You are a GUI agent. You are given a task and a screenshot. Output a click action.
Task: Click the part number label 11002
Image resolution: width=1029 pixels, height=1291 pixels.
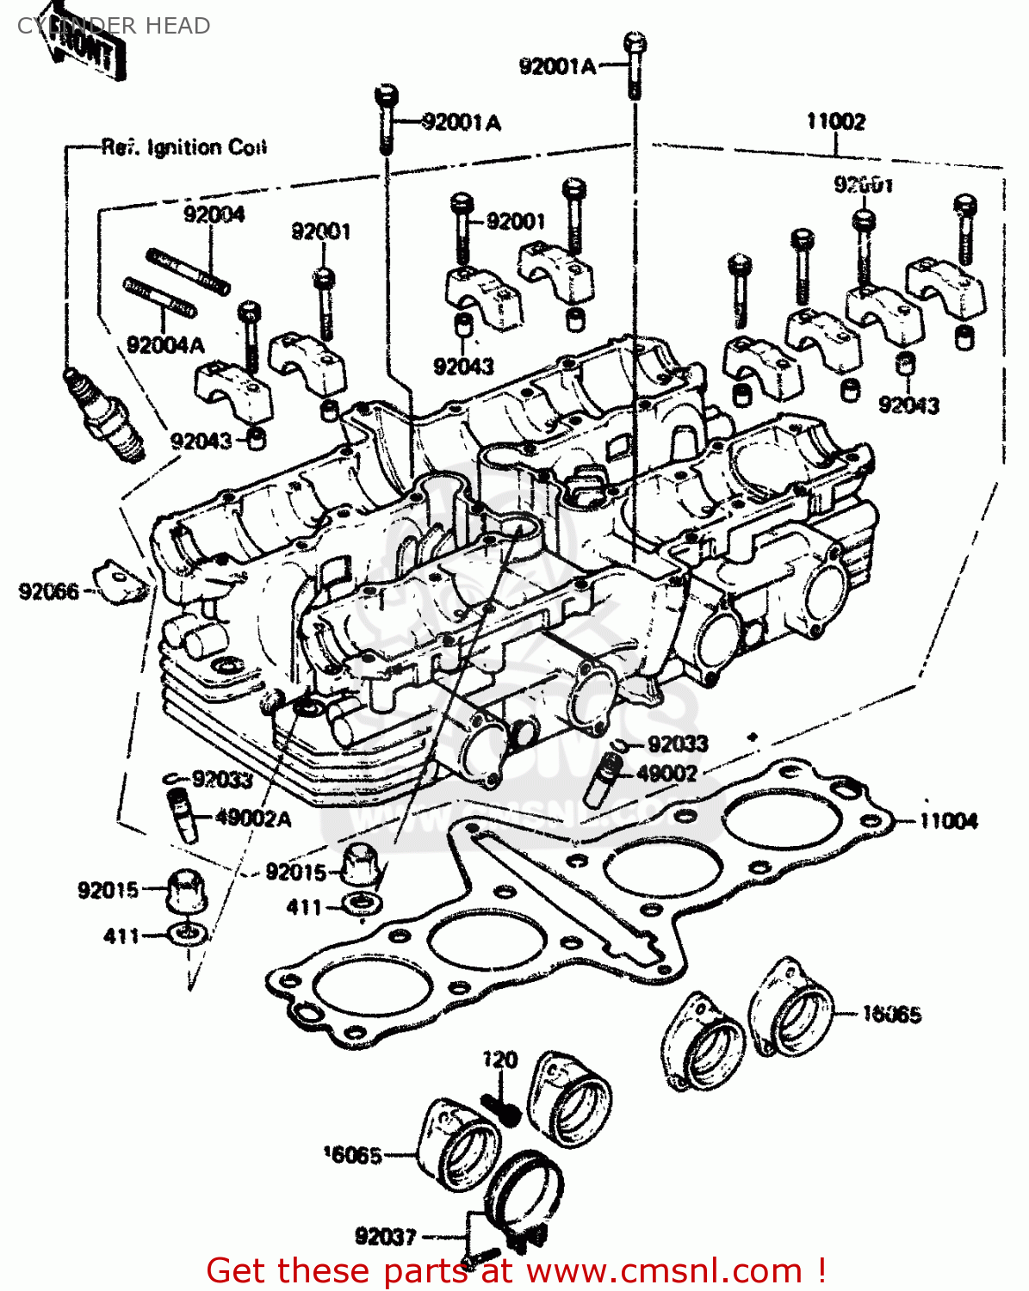click(x=834, y=121)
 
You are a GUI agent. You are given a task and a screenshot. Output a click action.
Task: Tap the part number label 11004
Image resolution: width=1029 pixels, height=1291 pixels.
click(x=948, y=821)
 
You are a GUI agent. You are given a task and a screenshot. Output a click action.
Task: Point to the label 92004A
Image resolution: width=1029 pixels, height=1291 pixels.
click(x=165, y=345)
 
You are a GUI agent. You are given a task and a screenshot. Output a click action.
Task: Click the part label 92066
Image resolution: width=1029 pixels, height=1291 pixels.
click(x=48, y=591)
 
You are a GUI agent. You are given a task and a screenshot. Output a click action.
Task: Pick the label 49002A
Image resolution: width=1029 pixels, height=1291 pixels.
click(x=252, y=818)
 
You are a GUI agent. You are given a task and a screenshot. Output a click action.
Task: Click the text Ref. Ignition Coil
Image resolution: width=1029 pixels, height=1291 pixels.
click(x=184, y=147)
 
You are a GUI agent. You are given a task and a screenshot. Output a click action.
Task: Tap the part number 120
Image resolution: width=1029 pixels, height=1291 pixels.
click(x=499, y=1059)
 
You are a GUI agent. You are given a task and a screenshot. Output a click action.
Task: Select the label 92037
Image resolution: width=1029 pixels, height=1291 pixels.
click(x=385, y=1237)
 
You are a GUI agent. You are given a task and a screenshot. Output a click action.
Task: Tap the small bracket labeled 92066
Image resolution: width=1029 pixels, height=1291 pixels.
click(x=120, y=583)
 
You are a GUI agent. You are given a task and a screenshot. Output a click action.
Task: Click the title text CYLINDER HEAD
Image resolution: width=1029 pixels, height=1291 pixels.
click(x=113, y=26)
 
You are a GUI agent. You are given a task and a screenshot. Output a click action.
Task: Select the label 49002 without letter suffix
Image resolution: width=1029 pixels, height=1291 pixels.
click(x=666, y=773)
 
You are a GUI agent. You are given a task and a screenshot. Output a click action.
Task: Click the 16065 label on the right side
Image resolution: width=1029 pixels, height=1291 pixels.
click(x=891, y=1015)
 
